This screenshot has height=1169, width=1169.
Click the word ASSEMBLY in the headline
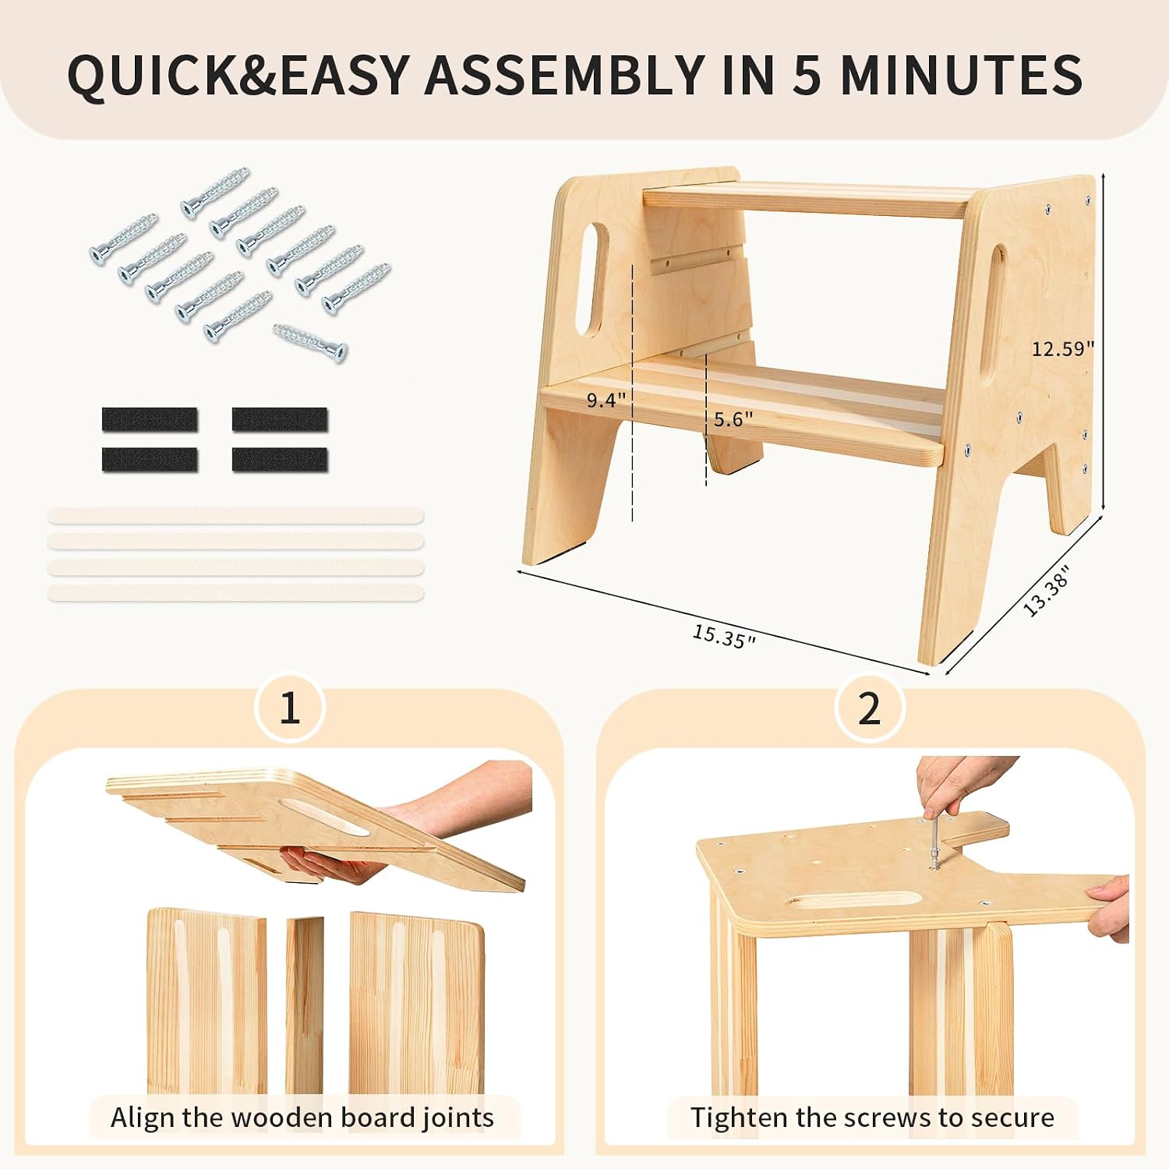click(x=564, y=75)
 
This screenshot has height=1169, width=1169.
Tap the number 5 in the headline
click(x=809, y=75)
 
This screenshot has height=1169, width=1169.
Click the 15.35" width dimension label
click(x=724, y=637)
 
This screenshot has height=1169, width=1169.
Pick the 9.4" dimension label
click(x=606, y=400)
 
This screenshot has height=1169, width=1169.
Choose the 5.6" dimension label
click(x=733, y=419)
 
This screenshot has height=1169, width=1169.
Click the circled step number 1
click(x=290, y=708)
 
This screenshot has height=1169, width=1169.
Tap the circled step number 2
click(x=869, y=708)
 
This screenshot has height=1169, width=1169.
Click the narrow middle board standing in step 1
click(x=305, y=1005)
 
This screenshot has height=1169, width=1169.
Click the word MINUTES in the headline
click(x=961, y=75)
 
